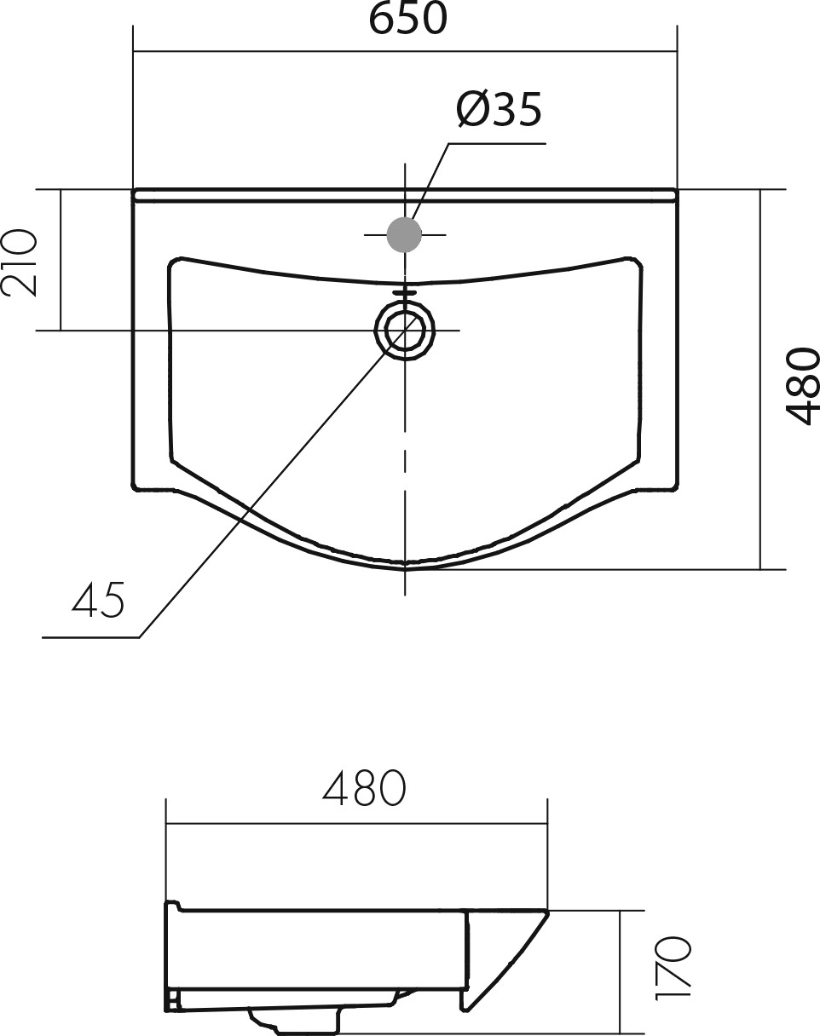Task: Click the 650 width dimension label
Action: [408, 19]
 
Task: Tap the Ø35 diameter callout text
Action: [500, 109]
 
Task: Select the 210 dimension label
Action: [20, 263]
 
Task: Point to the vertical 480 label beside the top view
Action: [802, 387]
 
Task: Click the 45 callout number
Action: [98, 599]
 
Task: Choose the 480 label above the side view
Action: [364, 788]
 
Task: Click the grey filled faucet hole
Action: [404, 234]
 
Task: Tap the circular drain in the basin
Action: [405, 330]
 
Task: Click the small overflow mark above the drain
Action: [405, 293]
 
